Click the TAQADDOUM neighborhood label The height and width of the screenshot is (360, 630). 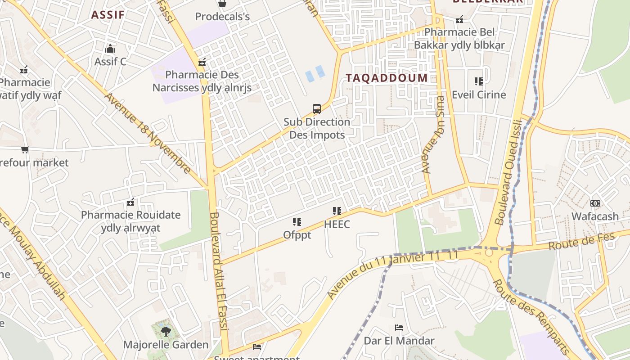tap(387, 77)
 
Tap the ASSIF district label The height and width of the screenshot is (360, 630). tap(108, 14)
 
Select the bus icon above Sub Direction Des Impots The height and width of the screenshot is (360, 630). tap(317, 109)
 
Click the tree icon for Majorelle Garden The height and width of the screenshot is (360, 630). tap(166, 332)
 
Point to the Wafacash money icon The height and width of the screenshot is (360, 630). tap(595, 203)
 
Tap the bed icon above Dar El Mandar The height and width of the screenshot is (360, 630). tap(399, 328)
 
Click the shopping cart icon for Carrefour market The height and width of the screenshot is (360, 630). tap(25, 149)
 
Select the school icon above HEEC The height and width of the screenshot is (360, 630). tap(337, 211)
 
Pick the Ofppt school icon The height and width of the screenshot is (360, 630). tap(297, 222)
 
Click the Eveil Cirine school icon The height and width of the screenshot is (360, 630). tap(479, 81)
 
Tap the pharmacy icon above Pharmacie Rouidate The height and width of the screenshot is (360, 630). tap(130, 202)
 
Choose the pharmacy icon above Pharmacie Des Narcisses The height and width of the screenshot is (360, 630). tap(202, 62)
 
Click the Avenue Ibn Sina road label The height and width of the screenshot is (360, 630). tap(433, 135)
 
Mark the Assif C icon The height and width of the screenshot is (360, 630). tap(110, 49)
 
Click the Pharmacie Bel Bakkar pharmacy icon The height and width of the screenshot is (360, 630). tap(459, 19)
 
